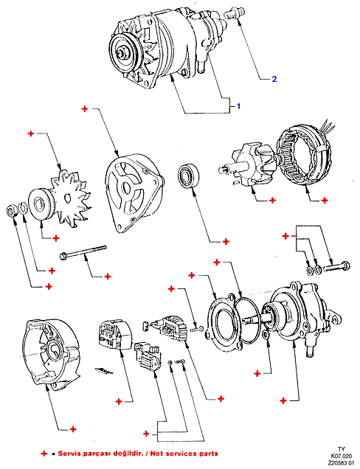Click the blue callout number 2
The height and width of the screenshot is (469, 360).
274,79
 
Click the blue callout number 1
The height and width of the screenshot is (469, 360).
238,106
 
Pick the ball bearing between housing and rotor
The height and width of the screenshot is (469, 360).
190,176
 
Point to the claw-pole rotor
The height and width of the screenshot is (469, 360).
248,167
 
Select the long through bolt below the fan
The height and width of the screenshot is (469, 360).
83,253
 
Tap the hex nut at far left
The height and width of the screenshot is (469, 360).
11,211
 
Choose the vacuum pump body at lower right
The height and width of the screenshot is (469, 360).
306,317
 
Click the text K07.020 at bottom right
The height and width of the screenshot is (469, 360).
341,456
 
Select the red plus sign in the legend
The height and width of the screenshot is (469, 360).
44,454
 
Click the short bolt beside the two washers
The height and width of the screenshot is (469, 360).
336,266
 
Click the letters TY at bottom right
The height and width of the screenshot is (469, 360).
341,449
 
